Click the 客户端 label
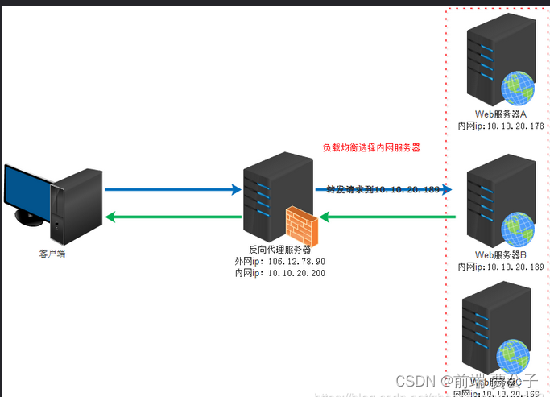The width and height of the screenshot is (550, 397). [x=52, y=254]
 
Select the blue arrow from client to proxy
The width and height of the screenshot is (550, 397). [x=172, y=190]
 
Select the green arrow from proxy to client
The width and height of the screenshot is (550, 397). [x=172, y=216]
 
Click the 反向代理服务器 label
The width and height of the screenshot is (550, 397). [x=279, y=250]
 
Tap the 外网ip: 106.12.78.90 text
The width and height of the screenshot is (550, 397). [x=279, y=261]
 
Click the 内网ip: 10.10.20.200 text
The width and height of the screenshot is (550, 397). [x=279, y=273]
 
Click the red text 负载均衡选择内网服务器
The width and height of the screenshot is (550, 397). [x=371, y=148]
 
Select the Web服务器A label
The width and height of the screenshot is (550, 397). [x=500, y=114]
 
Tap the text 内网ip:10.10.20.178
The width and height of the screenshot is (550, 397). [x=500, y=126]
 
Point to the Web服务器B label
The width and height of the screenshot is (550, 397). [x=500, y=255]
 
